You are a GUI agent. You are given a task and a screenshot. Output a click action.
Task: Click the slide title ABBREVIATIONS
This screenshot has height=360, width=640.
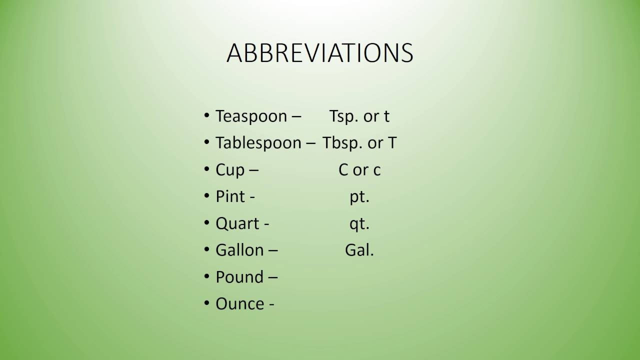(x=320, y=53)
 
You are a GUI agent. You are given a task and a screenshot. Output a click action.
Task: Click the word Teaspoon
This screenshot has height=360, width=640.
(x=251, y=116)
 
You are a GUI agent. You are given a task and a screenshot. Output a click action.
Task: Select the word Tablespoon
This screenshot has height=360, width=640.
(x=258, y=143)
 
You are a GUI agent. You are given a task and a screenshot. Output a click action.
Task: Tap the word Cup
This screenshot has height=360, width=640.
(x=230, y=170)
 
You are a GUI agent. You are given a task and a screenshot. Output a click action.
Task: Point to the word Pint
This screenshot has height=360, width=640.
(x=230, y=197)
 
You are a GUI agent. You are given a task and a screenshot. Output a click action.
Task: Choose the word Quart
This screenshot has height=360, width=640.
(x=237, y=223)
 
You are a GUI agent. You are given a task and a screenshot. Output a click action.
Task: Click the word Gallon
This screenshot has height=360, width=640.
(x=239, y=250)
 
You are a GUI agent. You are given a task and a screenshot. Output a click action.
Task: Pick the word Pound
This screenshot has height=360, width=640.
(x=239, y=277)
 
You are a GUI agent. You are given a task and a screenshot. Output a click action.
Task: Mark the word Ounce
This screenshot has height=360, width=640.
(x=239, y=304)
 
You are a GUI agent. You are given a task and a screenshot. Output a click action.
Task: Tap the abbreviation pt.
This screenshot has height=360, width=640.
(x=359, y=197)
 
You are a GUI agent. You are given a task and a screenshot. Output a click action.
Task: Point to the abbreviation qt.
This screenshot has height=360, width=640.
(x=359, y=223)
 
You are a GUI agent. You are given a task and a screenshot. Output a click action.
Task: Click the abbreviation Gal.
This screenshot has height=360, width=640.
(x=359, y=250)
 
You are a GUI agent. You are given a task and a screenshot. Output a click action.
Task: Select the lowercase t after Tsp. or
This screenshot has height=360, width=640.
(x=386, y=116)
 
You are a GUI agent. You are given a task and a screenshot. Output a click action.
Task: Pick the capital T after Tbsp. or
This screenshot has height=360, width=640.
(x=392, y=143)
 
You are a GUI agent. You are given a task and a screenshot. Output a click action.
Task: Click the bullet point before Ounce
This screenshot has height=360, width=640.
(x=207, y=303)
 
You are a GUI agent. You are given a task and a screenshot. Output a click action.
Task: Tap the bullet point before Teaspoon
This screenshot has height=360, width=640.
(x=207, y=116)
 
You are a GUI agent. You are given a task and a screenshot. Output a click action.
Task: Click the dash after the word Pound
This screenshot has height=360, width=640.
(x=273, y=277)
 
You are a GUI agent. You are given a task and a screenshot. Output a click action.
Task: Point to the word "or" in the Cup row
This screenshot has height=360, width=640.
(x=360, y=170)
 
